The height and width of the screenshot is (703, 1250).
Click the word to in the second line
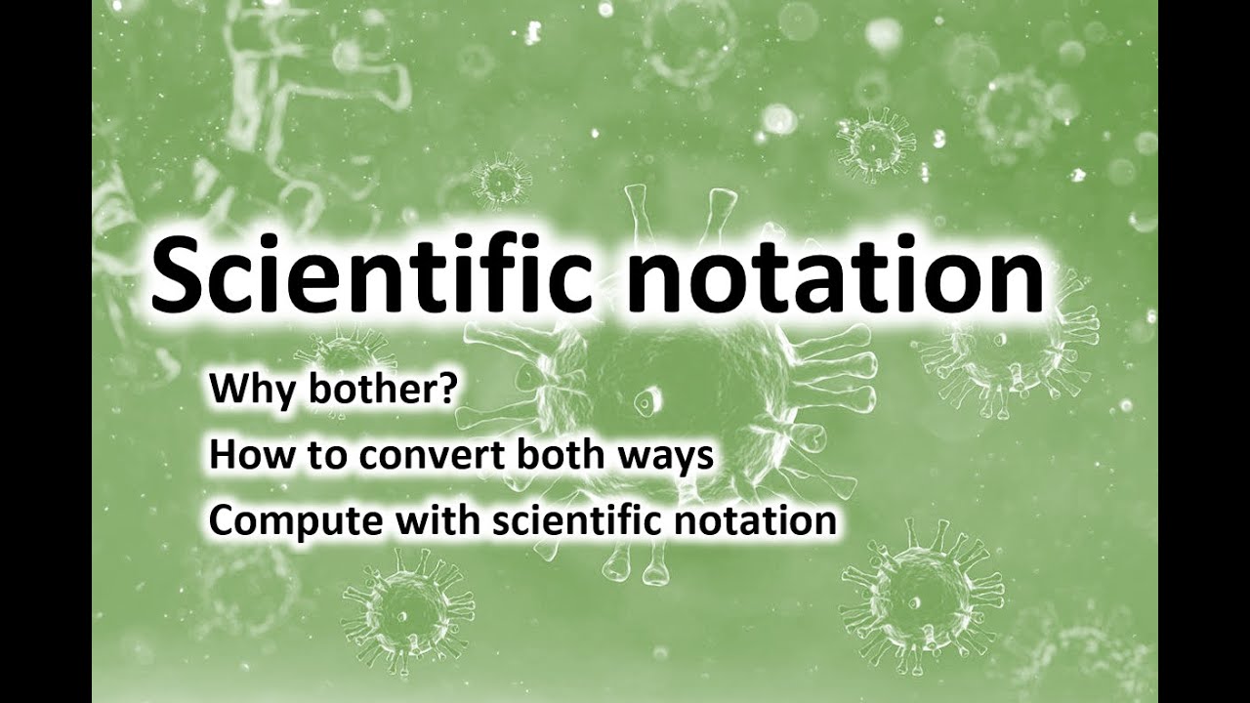312,456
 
